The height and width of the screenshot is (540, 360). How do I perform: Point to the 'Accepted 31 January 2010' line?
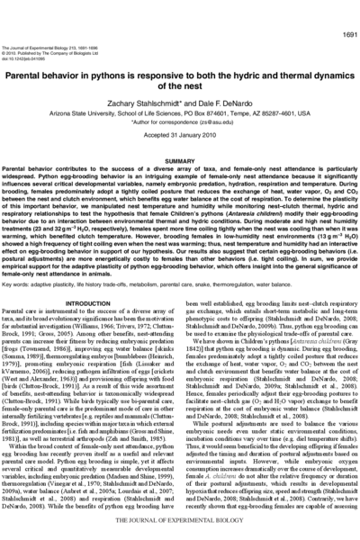pyautogui.click(x=180, y=110)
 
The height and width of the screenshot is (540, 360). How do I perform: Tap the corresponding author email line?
pyautogui.click(x=180, y=97)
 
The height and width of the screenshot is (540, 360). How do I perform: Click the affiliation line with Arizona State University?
pyautogui.click(x=180, y=90)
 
